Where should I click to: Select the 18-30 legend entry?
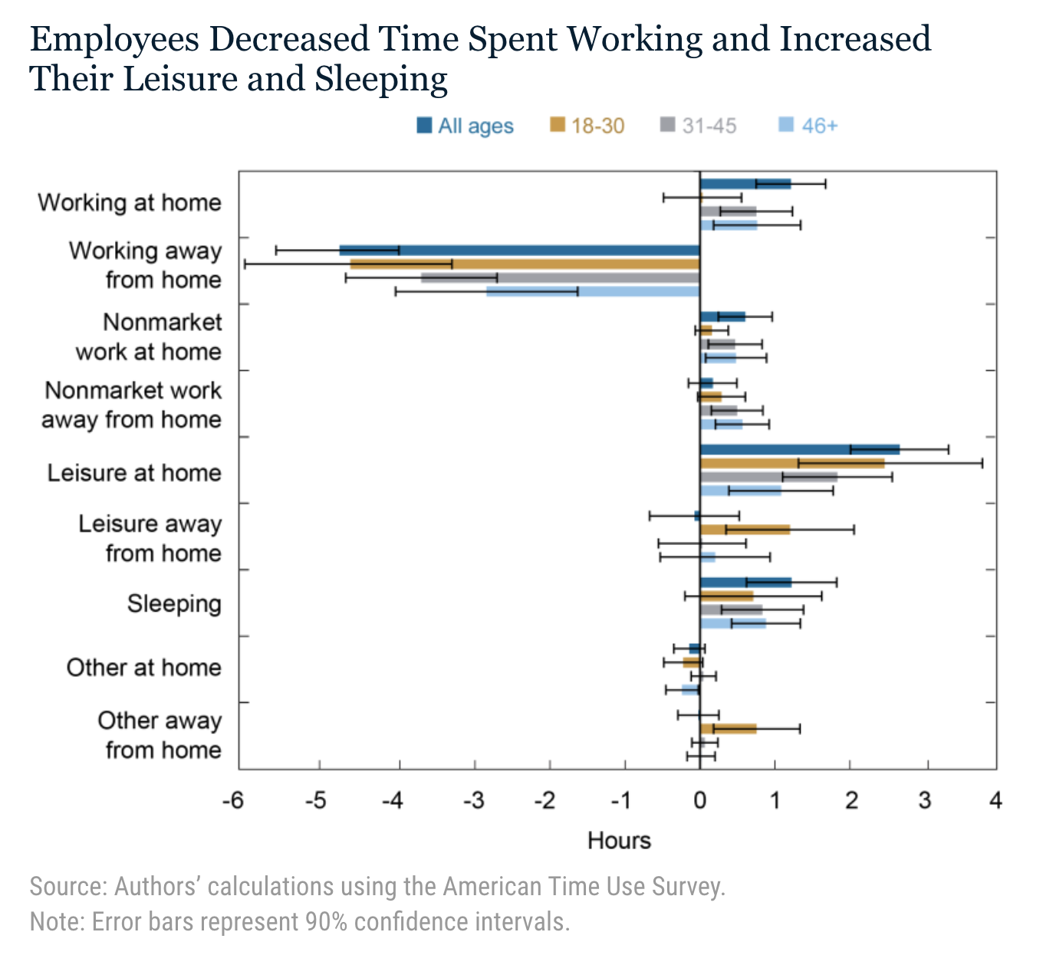pyautogui.click(x=587, y=126)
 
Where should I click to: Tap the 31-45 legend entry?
pyautogui.click(x=699, y=126)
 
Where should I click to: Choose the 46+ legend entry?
pyautogui.click(x=808, y=126)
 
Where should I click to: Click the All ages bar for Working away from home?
pyautogui.click(x=519, y=250)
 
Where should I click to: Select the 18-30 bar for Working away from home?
pyautogui.click(x=525, y=264)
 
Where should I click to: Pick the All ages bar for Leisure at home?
pyautogui.click(x=799, y=449)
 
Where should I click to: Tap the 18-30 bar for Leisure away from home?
pyautogui.click(x=745, y=530)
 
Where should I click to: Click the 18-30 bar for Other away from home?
pyautogui.click(x=728, y=729)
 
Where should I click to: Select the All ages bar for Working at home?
pyautogui.click(x=745, y=183)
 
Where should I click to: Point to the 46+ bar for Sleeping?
pyautogui.click(x=732, y=624)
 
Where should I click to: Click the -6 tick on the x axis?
pyautogui.click(x=233, y=801)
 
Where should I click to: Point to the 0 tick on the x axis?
pyautogui.click(x=700, y=801)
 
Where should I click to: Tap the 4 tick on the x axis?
pyautogui.click(x=995, y=801)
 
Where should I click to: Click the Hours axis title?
pyautogui.click(x=619, y=841)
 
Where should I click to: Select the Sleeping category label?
pyautogui.click(x=174, y=604)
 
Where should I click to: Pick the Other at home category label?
pyautogui.click(x=143, y=668)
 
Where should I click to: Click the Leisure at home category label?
pyautogui.click(x=134, y=473)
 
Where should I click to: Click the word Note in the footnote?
pyautogui.click(x=55, y=921)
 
